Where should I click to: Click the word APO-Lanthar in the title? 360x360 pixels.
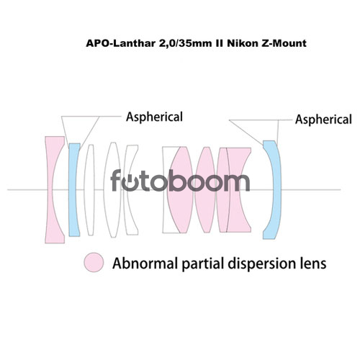[121, 44]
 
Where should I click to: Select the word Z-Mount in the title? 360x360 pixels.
[284, 44]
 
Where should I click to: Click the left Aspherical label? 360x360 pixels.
[154, 117]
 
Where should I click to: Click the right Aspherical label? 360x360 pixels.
[323, 120]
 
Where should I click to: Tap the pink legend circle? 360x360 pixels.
[94, 262]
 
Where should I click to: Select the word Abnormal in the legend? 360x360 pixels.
[145, 264]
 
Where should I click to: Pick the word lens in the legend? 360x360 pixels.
[313, 264]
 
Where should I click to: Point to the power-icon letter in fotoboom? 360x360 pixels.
[131, 183]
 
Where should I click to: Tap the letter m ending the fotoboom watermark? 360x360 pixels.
[235, 183]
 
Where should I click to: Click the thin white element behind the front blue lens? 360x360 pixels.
[89, 189]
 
